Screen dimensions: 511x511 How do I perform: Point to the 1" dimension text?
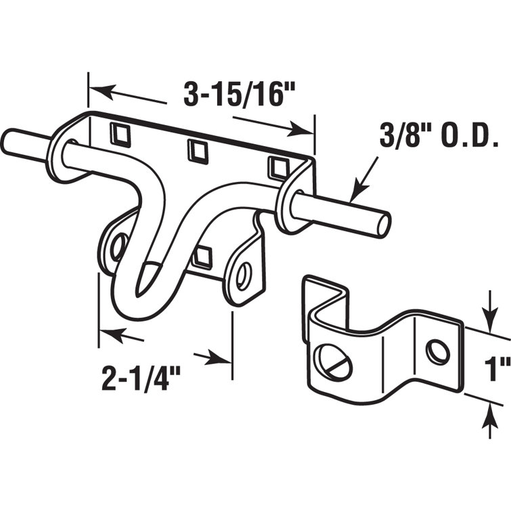497,371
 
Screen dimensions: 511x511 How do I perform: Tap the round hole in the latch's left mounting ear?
118,246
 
